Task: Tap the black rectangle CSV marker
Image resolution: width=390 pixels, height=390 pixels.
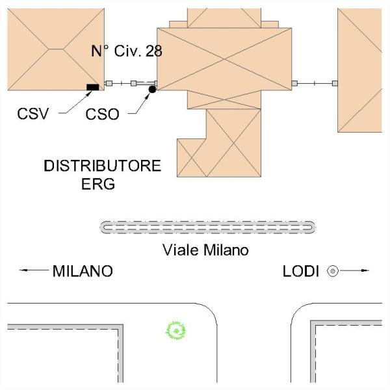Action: click(x=93, y=86)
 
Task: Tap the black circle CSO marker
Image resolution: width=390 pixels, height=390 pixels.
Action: click(x=152, y=88)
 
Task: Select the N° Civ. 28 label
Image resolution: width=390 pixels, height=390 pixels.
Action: click(x=126, y=51)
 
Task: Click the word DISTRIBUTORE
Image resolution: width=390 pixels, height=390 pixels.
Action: click(x=102, y=166)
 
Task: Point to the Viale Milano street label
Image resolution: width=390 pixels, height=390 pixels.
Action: click(x=205, y=250)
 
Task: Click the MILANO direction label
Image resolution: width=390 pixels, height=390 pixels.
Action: click(x=82, y=271)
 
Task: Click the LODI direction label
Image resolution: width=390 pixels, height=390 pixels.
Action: click(x=300, y=271)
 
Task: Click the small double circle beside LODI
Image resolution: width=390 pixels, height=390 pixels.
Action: click(x=333, y=270)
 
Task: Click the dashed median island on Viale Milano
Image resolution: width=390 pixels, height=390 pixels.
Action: click(x=209, y=227)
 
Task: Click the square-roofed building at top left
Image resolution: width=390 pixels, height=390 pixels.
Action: click(x=55, y=49)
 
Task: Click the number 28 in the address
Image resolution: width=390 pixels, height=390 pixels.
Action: click(x=154, y=51)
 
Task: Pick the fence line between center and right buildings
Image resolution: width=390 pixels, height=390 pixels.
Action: click(x=313, y=83)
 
